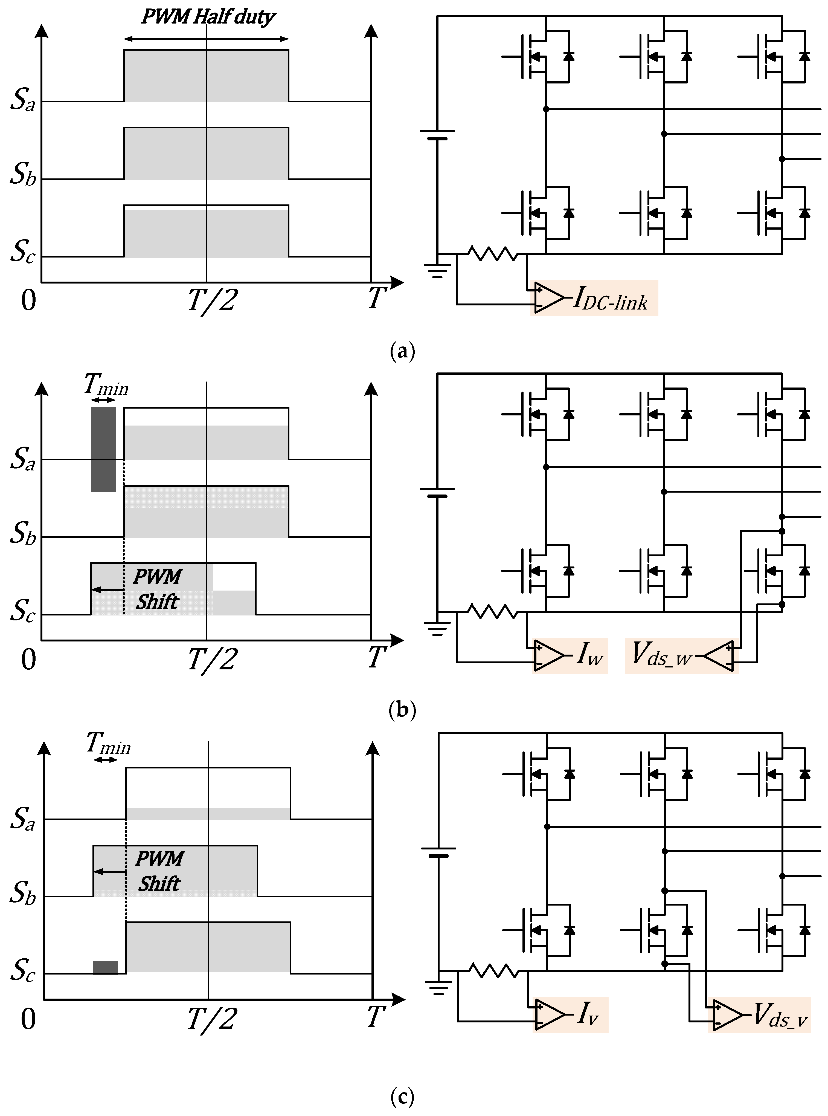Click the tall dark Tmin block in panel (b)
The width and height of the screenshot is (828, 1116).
103,449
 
